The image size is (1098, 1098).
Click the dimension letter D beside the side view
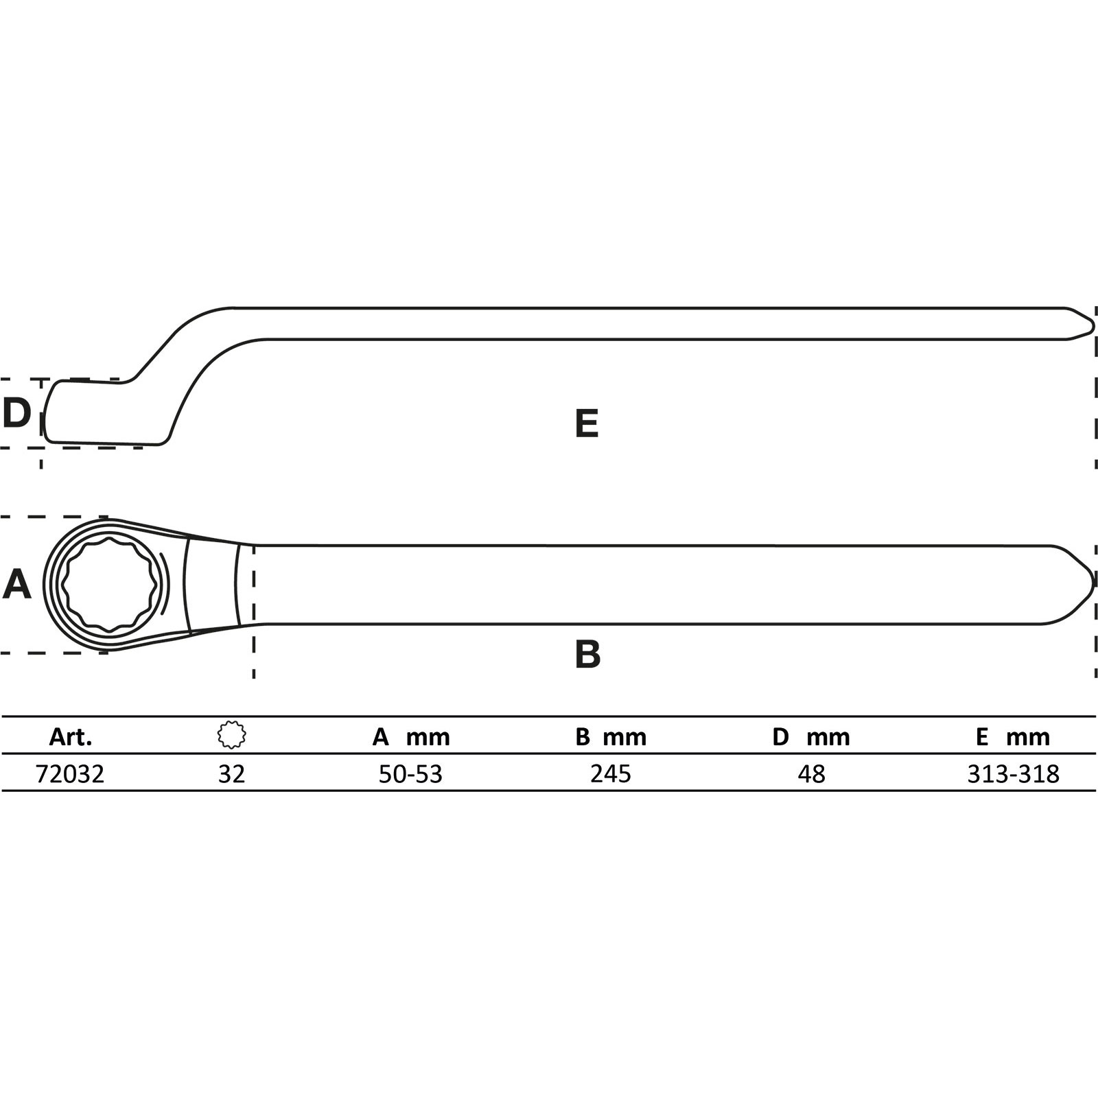pyautogui.click(x=17, y=413)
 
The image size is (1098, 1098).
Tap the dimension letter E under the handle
pyautogui.click(x=587, y=423)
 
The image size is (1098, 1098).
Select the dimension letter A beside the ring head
pyautogui.click(x=17, y=585)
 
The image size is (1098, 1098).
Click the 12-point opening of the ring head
pyautogui.click(x=110, y=585)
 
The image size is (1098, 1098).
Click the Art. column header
pyautogui.click(x=71, y=737)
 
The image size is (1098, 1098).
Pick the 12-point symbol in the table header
pyautogui.click(x=232, y=736)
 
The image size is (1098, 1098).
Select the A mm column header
pyautogui.click(x=411, y=737)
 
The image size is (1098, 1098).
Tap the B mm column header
pyautogui.click(x=611, y=737)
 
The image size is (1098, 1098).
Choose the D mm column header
pyautogui.click(x=811, y=737)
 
